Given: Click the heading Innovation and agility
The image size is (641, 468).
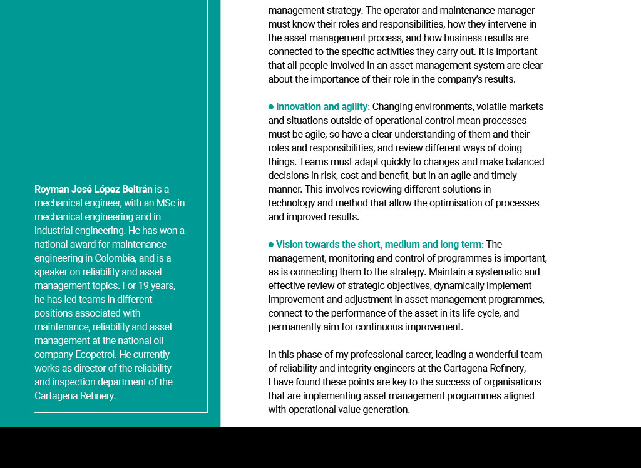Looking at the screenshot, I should tap(322, 106).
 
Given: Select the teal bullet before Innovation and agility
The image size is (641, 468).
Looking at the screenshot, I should tap(271, 107).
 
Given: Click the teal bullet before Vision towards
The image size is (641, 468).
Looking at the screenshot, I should tap(271, 245).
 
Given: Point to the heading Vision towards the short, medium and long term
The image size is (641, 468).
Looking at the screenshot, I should tap(379, 244).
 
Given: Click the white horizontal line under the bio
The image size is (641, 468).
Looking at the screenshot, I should tap(121, 412).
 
